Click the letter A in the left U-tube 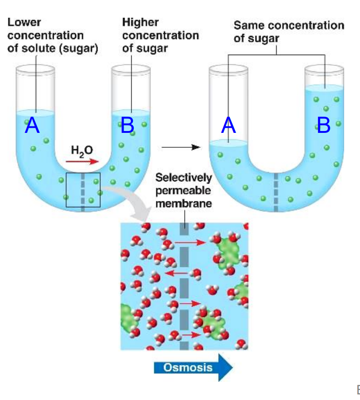point(32,125)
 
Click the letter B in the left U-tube point(127,125)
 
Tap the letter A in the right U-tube point(228,125)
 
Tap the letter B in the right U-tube point(323,125)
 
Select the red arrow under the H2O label point(82,161)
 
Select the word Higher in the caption point(140,22)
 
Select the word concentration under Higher point(160,35)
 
